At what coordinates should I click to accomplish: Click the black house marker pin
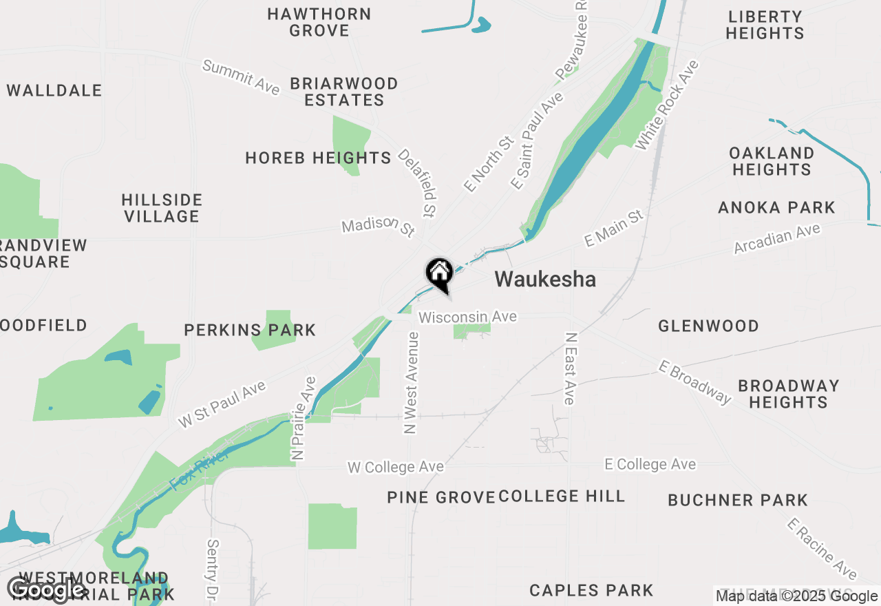click(x=439, y=274)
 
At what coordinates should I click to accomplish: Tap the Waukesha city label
click(x=545, y=280)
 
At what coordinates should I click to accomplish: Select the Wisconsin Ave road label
click(x=467, y=317)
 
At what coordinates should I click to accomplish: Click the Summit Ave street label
click(x=241, y=76)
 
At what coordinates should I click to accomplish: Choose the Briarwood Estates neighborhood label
click(x=343, y=92)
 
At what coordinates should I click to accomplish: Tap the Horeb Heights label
click(x=318, y=158)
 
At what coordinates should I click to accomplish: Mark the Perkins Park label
click(x=250, y=330)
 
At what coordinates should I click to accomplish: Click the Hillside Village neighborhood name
click(x=162, y=208)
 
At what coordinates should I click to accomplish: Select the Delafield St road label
click(x=418, y=182)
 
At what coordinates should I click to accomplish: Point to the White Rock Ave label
click(x=666, y=105)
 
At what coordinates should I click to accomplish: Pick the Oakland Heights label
click(x=772, y=161)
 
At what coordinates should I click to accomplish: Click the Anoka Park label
click(x=776, y=207)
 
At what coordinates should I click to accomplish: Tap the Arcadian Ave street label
click(x=777, y=238)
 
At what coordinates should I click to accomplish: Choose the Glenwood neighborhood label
click(x=708, y=326)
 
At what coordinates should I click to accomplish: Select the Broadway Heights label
click(x=788, y=394)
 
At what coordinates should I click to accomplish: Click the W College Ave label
click(x=395, y=468)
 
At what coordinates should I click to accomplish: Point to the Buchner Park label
click(x=738, y=500)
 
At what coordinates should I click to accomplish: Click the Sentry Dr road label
click(x=212, y=568)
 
